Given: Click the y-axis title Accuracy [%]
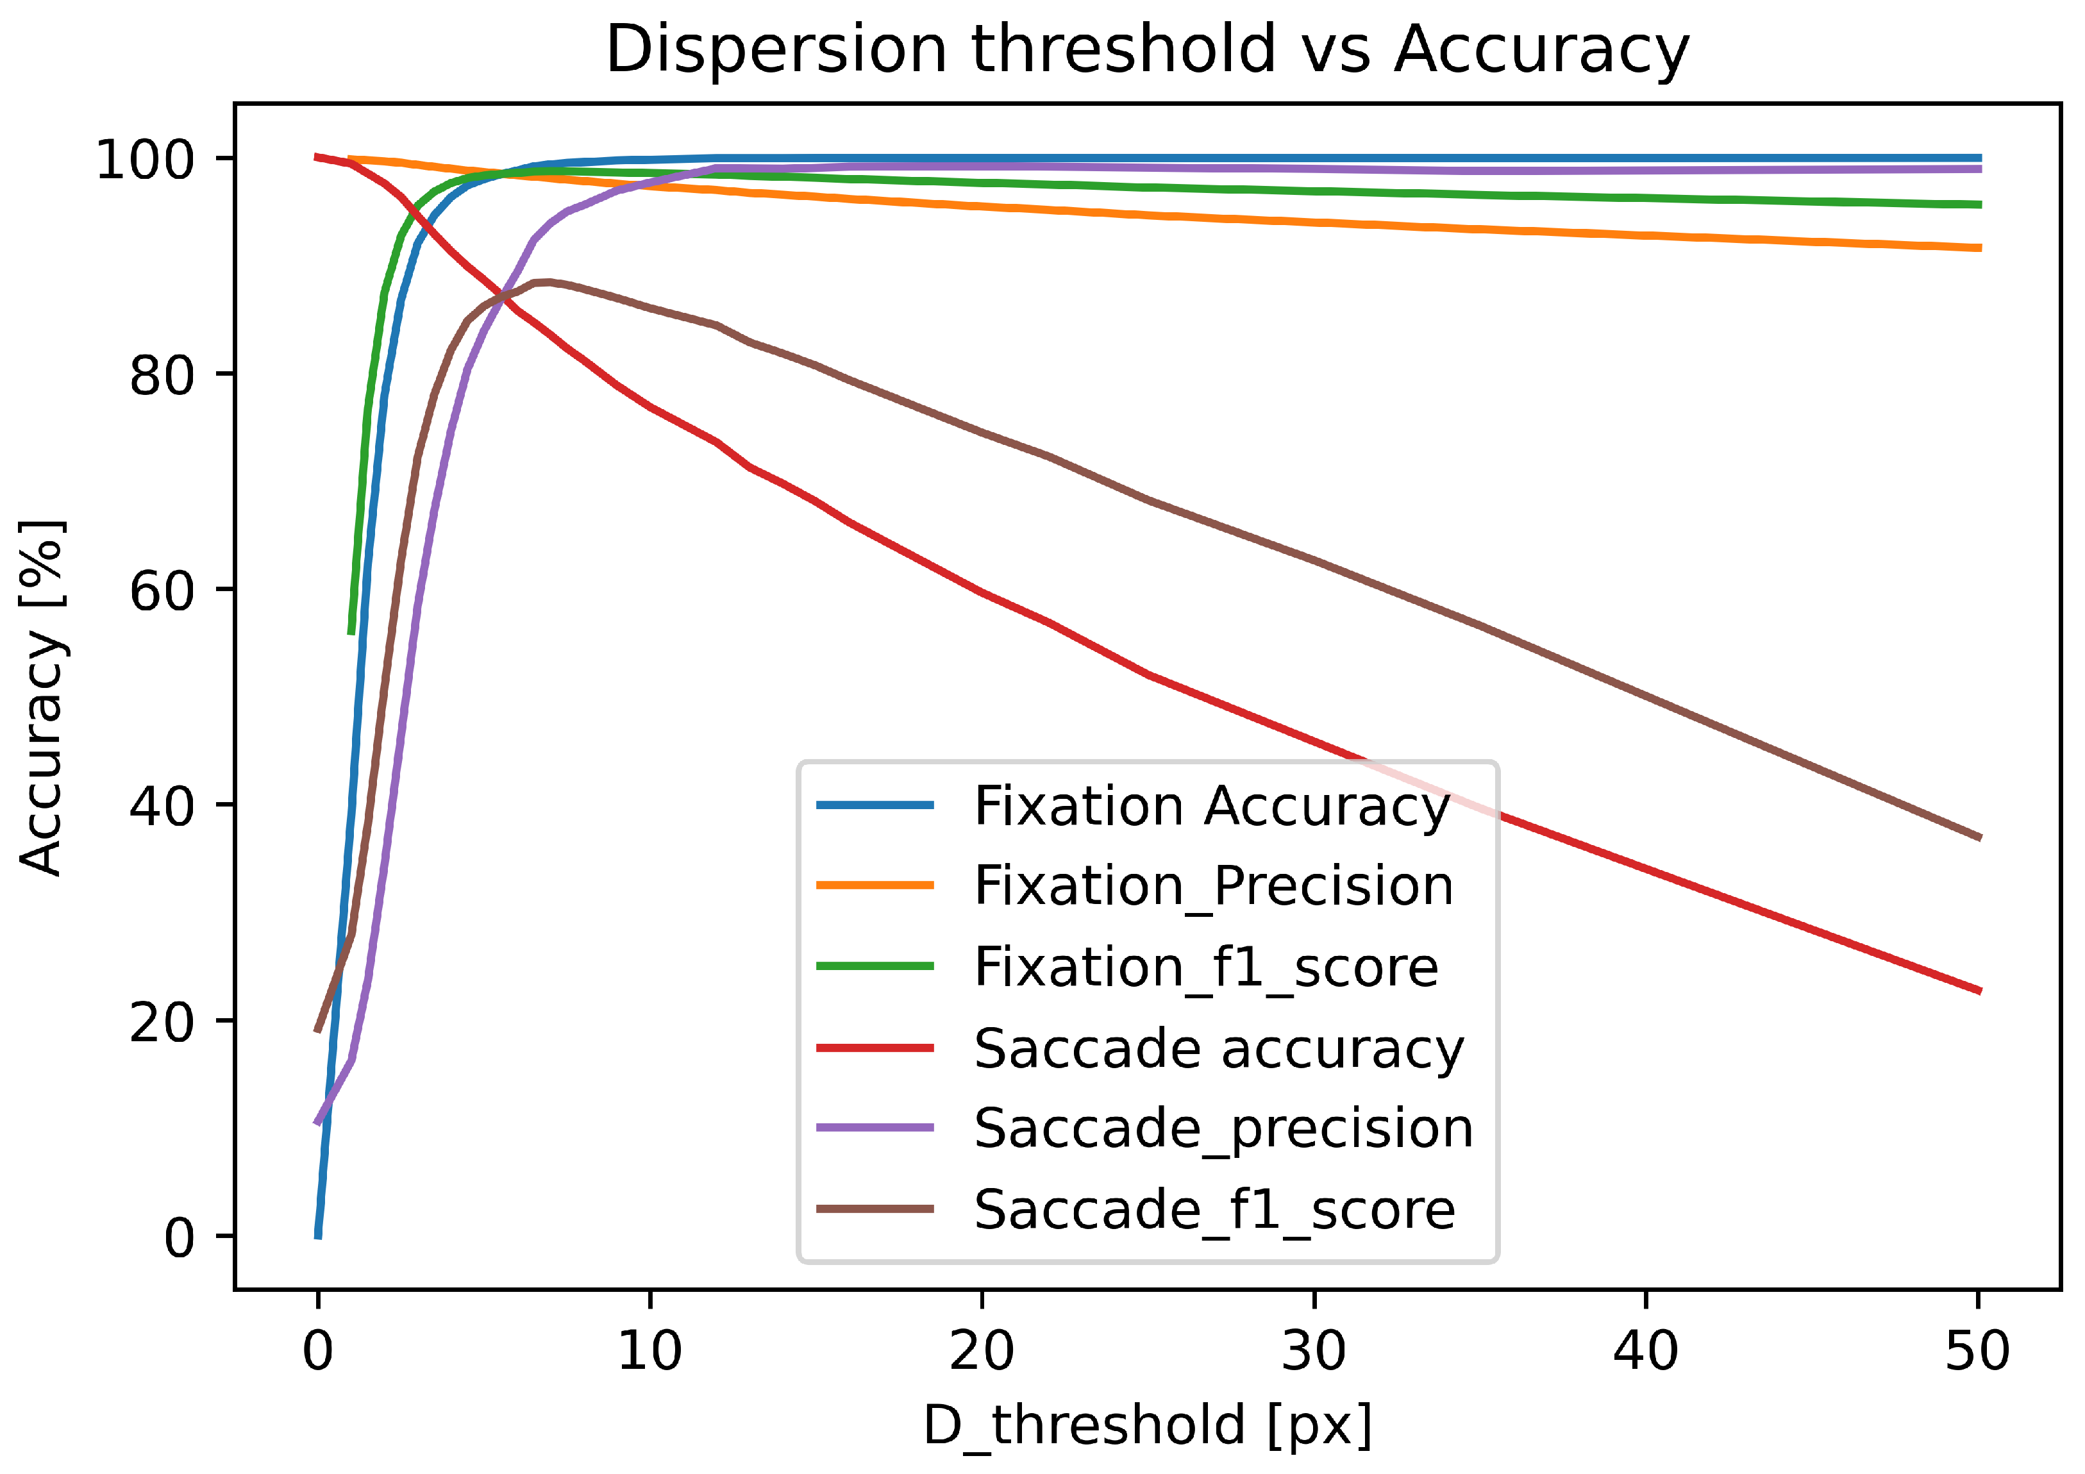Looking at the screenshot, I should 42,698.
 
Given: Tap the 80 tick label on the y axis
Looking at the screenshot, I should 162,374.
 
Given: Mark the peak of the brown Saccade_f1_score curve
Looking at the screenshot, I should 546,283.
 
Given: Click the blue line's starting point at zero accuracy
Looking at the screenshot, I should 318,1235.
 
